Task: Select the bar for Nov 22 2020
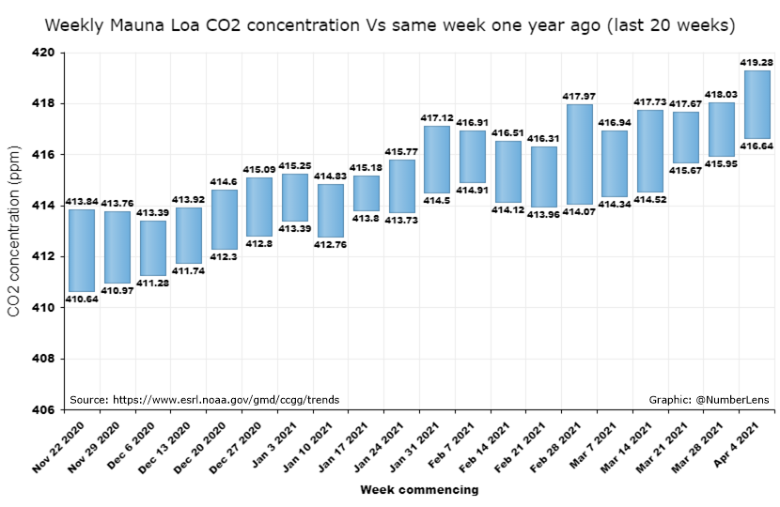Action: [x=82, y=250]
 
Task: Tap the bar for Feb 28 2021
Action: [x=580, y=154]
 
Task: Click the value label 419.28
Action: [x=757, y=63]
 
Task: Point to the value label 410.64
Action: [x=82, y=299]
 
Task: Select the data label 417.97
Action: [x=580, y=97]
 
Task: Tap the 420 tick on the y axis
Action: [x=43, y=53]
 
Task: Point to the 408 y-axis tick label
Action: [x=43, y=359]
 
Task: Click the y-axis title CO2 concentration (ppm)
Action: [x=14, y=231]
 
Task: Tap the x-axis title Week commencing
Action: [x=419, y=489]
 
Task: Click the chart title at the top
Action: [x=390, y=23]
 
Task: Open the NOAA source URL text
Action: [x=204, y=400]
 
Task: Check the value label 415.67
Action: [x=685, y=169]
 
